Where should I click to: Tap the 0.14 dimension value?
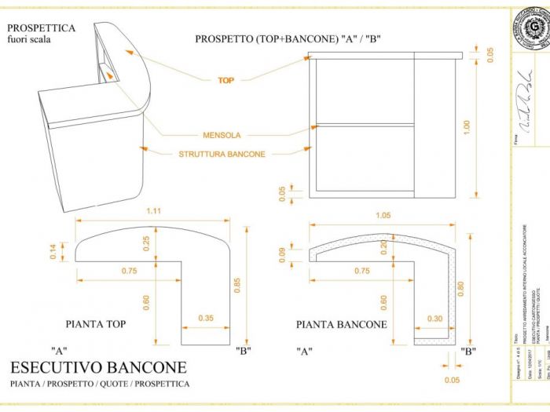click(53, 252)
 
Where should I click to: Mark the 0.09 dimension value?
click(284, 253)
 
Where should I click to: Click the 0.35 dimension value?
click(207, 318)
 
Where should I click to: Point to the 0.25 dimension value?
click(147, 243)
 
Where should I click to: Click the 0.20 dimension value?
click(384, 247)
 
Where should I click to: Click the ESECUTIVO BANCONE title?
click(99, 366)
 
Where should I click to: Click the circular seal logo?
click(526, 27)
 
